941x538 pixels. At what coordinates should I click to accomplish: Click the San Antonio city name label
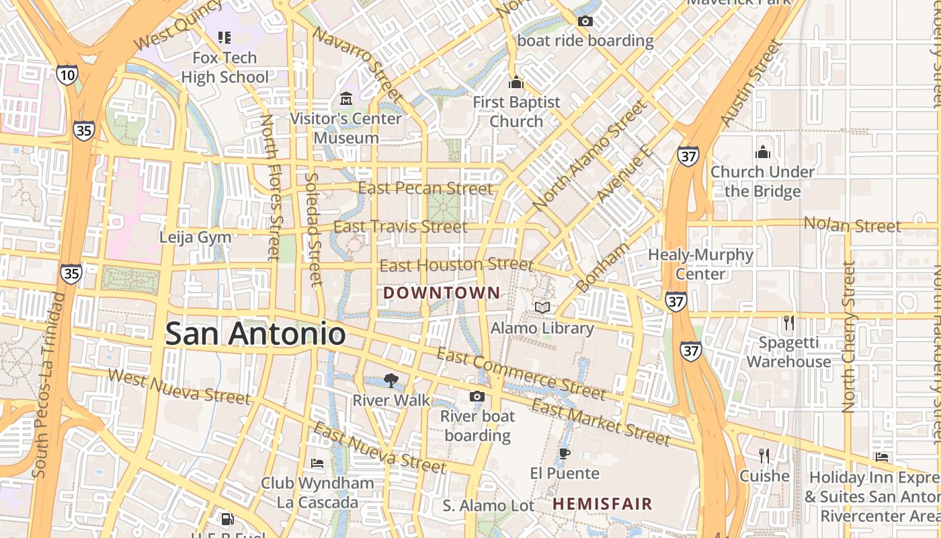(x=255, y=334)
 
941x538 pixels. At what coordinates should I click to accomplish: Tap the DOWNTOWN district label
(x=442, y=293)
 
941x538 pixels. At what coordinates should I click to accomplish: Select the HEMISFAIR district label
(x=602, y=504)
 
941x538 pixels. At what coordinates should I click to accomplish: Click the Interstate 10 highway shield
(x=67, y=75)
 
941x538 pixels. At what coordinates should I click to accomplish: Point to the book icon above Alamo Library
(x=542, y=307)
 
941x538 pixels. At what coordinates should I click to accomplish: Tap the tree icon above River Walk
(x=391, y=381)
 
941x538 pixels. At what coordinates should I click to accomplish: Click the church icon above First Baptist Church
(x=516, y=83)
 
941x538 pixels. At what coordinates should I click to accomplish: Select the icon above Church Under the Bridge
(x=762, y=152)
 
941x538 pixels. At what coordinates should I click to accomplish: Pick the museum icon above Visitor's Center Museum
(x=347, y=99)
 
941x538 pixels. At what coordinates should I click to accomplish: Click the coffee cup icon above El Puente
(x=565, y=453)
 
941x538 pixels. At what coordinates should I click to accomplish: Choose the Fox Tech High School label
(x=224, y=67)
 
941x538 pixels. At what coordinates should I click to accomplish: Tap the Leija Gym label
(x=195, y=237)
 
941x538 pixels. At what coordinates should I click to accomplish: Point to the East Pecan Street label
(x=425, y=188)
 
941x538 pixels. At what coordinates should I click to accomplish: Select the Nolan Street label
(x=852, y=225)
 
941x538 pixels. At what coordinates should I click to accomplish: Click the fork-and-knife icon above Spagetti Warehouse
(x=789, y=323)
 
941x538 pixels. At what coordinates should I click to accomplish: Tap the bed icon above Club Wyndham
(x=317, y=463)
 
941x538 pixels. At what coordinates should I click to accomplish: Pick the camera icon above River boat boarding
(x=477, y=396)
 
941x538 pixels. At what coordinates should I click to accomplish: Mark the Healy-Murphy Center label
(x=700, y=264)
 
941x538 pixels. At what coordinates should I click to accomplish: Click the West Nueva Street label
(x=178, y=387)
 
